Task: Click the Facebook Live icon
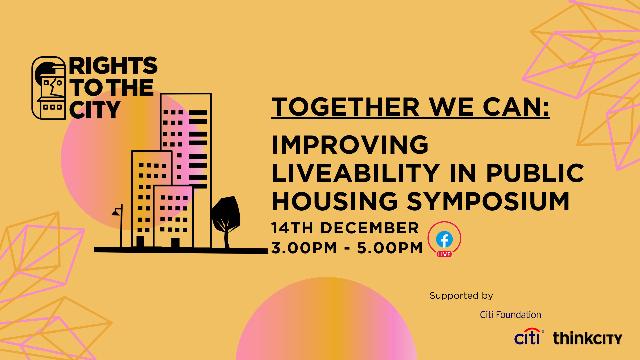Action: [x=444, y=239]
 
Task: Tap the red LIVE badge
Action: [x=444, y=254]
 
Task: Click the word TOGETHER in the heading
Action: [x=345, y=107]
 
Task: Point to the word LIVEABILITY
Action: [x=356, y=173]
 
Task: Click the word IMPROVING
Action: [x=350, y=145]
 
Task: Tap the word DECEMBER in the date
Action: [x=369, y=228]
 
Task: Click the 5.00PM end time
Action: [x=390, y=248]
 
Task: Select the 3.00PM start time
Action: [x=304, y=248]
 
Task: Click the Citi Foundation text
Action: [x=510, y=315]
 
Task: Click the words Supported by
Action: [x=461, y=296]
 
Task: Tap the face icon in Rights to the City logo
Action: [x=49, y=88]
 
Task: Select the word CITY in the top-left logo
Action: [x=95, y=110]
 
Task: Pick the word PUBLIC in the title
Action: [x=535, y=173]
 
